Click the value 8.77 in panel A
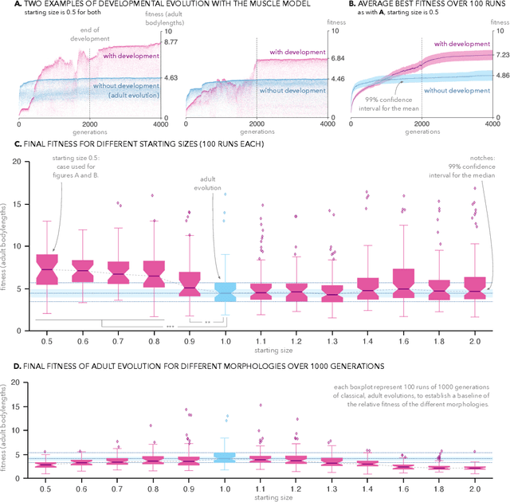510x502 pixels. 171,41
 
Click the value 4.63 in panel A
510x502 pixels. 171,78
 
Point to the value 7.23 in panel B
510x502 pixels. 501,55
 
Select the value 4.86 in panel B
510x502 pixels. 501,76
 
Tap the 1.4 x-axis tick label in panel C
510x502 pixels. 368,339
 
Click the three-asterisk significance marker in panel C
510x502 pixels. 170,327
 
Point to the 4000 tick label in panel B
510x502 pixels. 492,124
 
